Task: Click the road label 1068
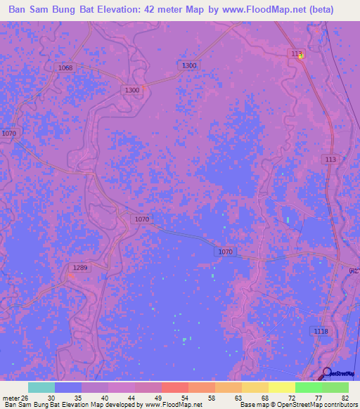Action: click(65, 67)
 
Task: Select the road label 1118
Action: click(321, 331)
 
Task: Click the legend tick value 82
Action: click(345, 398)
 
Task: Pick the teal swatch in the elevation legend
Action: click(41, 387)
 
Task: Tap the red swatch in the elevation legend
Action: click(174, 387)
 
